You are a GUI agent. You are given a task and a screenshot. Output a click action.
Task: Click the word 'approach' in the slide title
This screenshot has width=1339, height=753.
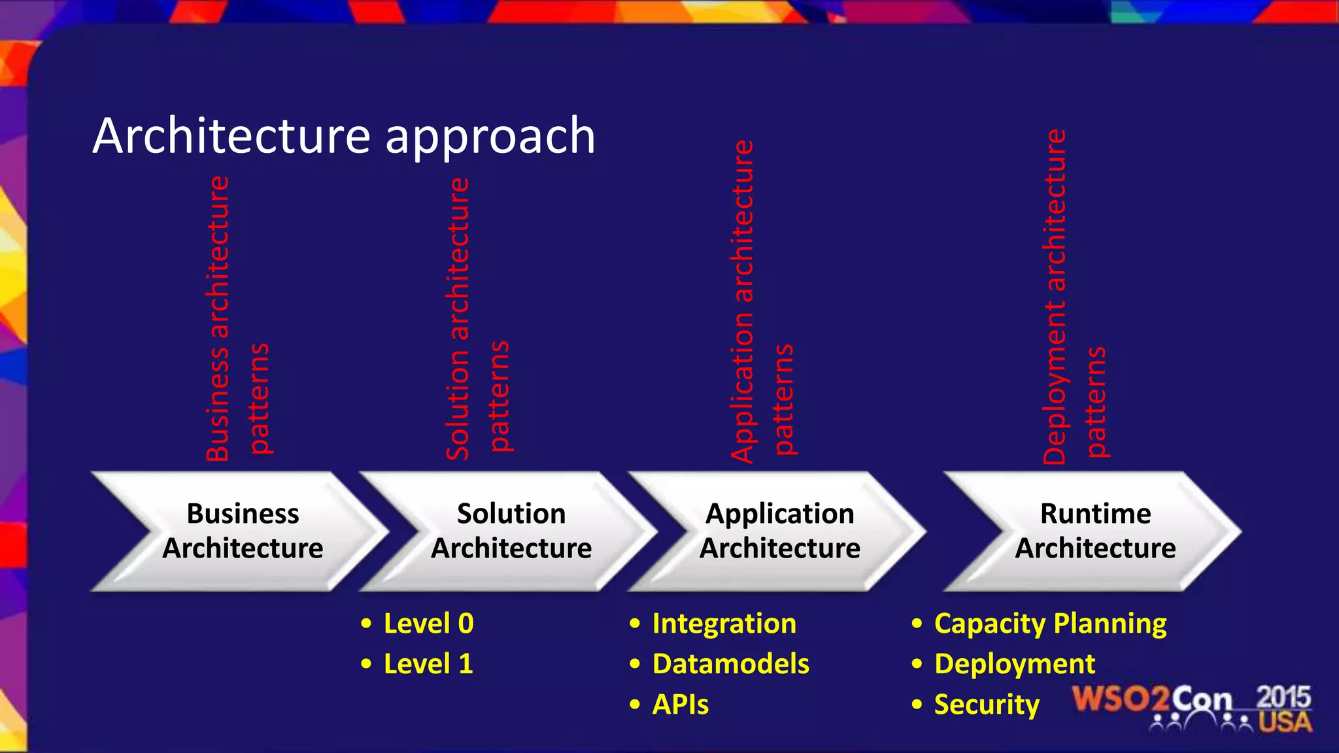[x=490, y=137]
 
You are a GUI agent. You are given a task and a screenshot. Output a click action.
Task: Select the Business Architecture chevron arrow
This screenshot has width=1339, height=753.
[x=242, y=531]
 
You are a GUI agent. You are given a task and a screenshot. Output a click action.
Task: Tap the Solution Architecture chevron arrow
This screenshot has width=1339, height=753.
[x=511, y=531]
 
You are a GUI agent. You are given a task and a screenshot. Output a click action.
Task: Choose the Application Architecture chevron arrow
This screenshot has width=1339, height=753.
[x=779, y=531]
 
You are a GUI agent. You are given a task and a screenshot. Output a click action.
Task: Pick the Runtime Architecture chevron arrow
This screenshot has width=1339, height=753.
[x=1095, y=531]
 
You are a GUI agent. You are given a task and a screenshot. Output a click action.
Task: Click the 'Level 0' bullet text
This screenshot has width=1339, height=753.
[x=428, y=624]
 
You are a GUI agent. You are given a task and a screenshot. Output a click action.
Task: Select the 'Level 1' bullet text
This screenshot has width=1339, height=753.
[x=428, y=664]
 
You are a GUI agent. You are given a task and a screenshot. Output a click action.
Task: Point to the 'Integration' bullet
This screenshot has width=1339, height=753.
[x=724, y=624]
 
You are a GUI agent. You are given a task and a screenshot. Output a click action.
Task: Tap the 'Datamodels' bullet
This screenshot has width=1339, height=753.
[x=730, y=664]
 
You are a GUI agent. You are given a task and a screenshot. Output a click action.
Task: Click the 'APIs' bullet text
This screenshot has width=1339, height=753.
[x=680, y=705]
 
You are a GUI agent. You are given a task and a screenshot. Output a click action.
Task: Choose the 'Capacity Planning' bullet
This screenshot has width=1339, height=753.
[x=1050, y=624]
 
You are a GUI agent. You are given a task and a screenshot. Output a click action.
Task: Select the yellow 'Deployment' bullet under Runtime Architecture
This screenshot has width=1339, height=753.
[x=1014, y=664]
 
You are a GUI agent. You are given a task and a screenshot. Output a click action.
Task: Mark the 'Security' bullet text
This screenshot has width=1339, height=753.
[x=986, y=705]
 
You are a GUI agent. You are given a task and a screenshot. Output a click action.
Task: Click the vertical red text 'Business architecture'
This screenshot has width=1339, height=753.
[x=218, y=318]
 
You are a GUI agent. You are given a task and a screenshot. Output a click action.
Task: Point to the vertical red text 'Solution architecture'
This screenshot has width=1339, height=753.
[x=458, y=318]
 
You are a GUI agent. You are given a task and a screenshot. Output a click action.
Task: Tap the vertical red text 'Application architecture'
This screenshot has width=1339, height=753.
[x=742, y=301]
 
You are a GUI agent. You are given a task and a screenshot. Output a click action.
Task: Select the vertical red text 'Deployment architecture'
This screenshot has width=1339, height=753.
[x=1054, y=296]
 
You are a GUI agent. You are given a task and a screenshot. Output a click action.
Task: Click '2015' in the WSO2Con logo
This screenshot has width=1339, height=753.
[x=1283, y=697]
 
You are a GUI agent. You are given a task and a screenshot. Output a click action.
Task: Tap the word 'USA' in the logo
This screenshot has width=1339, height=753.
[x=1285, y=722]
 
